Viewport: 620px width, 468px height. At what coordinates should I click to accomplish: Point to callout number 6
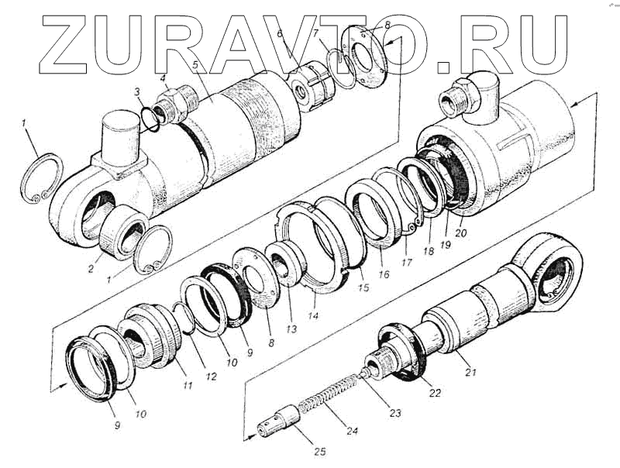(281, 33)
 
